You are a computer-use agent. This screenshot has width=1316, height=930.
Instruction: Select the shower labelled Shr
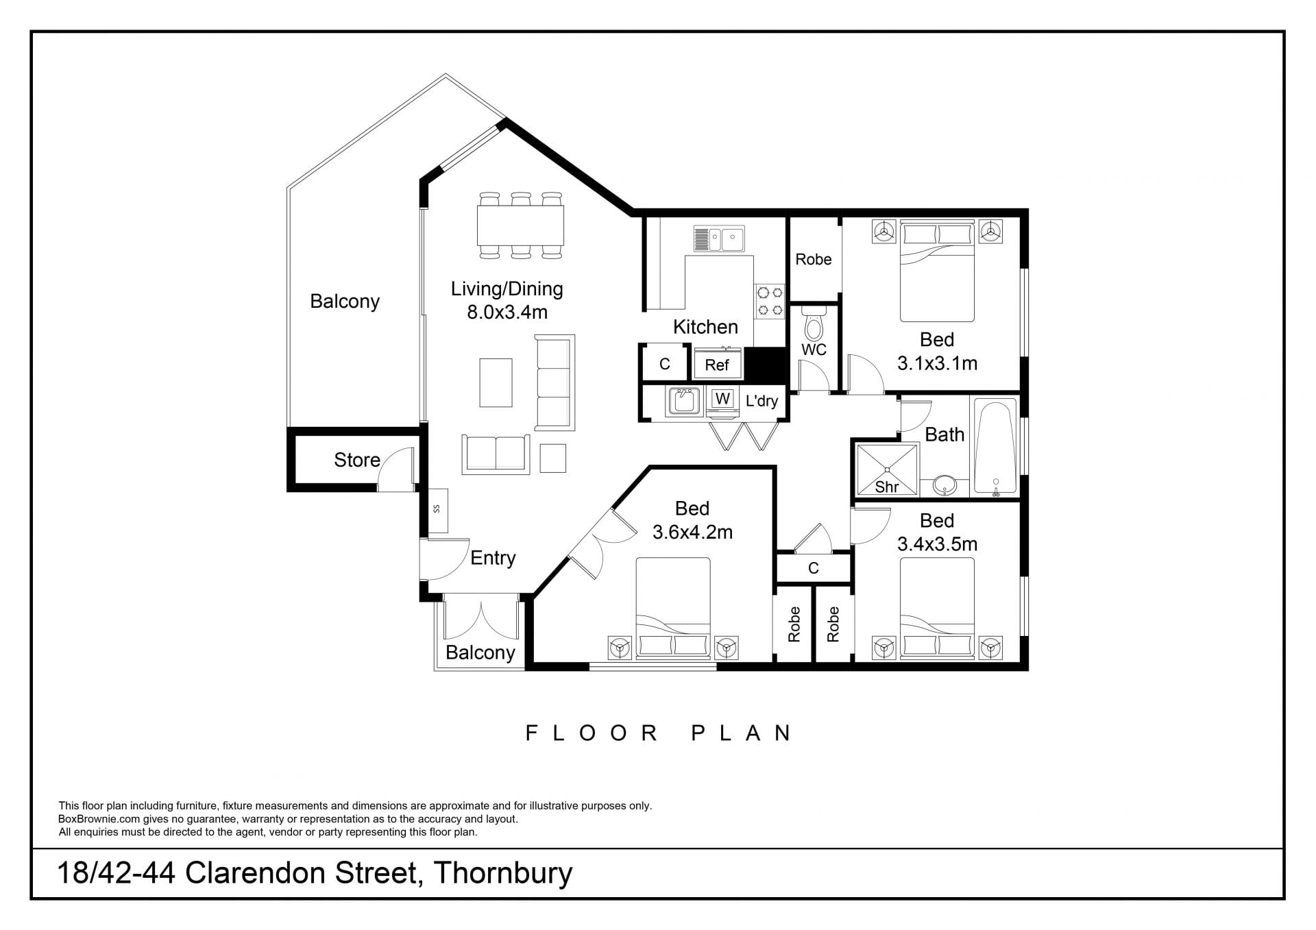(887, 469)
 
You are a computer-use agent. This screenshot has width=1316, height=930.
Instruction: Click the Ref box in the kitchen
(718, 363)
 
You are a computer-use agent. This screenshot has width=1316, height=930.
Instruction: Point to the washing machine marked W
(722, 399)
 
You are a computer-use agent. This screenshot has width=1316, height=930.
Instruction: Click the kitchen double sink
(719, 239)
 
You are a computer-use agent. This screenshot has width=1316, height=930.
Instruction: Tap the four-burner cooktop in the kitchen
(770, 302)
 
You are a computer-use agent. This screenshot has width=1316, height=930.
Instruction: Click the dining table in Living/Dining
(521, 225)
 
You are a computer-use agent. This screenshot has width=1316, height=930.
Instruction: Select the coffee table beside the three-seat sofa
(496, 382)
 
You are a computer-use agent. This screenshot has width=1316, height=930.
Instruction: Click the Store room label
(357, 460)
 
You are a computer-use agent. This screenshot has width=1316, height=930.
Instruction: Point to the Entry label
(493, 558)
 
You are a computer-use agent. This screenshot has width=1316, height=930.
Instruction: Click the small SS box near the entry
(437, 511)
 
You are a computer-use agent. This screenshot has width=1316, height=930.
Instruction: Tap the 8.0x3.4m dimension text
(507, 313)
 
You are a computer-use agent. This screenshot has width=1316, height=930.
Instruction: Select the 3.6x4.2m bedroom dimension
(692, 532)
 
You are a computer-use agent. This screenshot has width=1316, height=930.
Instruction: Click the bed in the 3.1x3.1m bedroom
(937, 271)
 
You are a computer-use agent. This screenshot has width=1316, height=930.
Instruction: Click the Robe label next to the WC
(814, 259)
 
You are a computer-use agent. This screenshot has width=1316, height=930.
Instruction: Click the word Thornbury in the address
(503, 874)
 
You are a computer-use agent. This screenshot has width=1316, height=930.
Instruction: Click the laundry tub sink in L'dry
(683, 401)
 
